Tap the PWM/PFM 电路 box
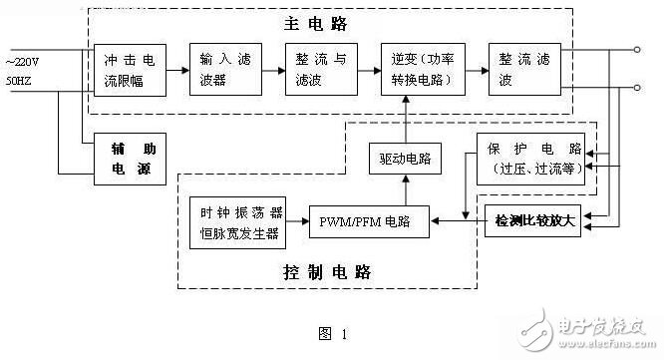(369, 221)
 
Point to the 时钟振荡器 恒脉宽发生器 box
(238, 221)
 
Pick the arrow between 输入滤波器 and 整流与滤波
(272, 71)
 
